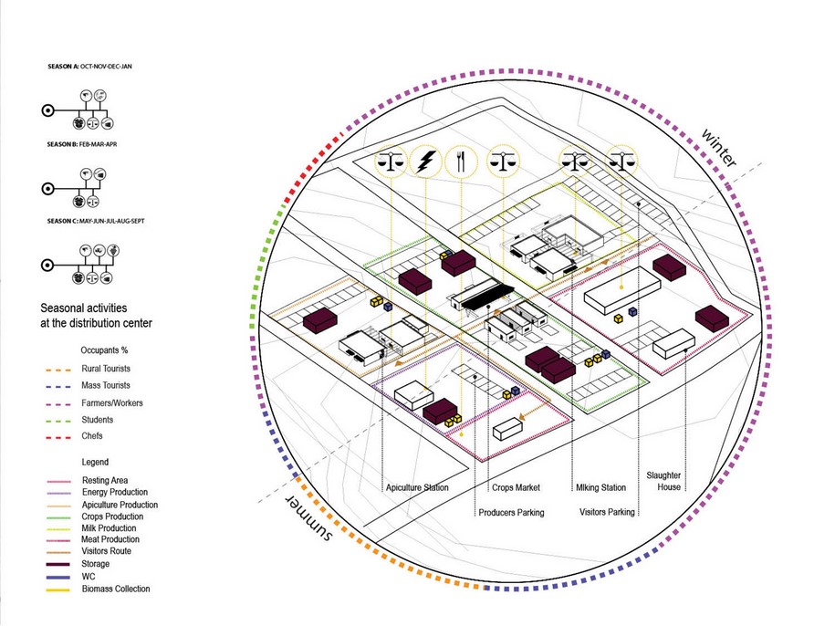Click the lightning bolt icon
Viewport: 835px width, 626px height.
425,162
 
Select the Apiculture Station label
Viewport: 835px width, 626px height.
416,488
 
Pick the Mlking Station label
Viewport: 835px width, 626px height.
600,488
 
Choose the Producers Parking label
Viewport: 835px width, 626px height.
511,513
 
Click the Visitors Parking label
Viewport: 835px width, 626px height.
608,513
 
